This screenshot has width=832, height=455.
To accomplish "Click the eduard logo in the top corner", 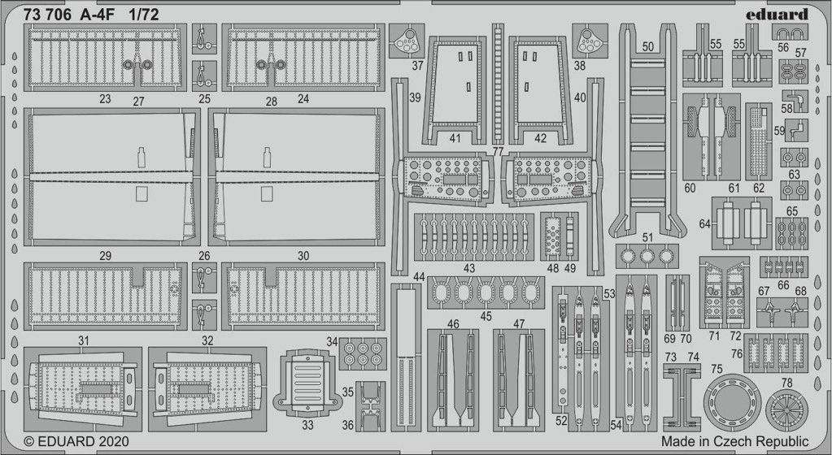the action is pos(777,15).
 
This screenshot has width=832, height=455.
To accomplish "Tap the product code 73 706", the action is pos(47,15).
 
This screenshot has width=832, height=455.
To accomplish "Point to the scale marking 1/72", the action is pos(144,15).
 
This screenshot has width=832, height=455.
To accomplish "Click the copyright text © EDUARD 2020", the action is pos(76,441).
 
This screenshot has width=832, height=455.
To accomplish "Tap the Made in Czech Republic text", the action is pos(735,441).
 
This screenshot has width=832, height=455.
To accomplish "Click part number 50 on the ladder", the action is pos(648,46).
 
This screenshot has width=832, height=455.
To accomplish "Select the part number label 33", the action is pos(307,425).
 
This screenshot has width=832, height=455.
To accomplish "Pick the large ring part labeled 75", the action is pos(732,402).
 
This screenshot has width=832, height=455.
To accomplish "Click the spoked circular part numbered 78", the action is pos(787,410).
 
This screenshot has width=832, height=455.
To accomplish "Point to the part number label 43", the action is pos(469,269).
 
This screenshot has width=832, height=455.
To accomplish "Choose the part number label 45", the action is pos(486,317).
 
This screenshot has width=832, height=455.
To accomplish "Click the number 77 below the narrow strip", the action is pos(497,152).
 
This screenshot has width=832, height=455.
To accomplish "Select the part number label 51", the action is pos(647,237).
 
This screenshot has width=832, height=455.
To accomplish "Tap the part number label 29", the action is pos(105,256).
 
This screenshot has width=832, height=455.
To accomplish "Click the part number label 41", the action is pos(455,138).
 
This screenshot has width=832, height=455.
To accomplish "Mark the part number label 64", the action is pos(704,224).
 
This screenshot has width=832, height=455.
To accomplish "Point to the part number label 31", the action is pos(83,341).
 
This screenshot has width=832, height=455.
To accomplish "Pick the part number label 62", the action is pos(759,188).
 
